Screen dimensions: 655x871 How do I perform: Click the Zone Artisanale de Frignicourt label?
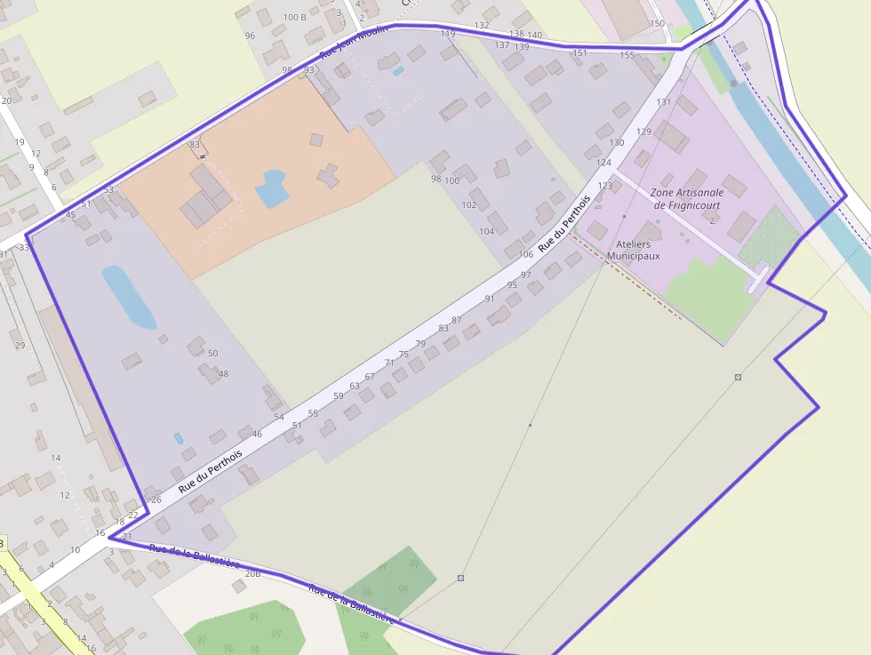click(x=686, y=198)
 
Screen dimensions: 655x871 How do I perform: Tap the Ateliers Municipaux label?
click(x=633, y=250)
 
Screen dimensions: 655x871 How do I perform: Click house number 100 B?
click(x=295, y=17)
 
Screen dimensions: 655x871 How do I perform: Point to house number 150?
click(x=657, y=24)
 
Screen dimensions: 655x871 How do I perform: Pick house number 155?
click(x=627, y=55)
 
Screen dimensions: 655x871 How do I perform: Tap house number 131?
click(x=663, y=102)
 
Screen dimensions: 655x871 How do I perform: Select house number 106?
click(x=526, y=254)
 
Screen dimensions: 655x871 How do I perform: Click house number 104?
click(x=486, y=231)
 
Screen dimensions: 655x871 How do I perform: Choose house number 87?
click(x=457, y=320)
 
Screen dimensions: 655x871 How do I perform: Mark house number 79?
click(x=420, y=344)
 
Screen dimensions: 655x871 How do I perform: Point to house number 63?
click(x=355, y=386)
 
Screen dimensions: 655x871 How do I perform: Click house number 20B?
click(x=252, y=574)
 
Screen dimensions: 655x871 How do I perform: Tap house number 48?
click(x=223, y=373)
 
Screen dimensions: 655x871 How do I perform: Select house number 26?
click(x=156, y=499)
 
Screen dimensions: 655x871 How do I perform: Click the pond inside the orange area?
click(x=270, y=188)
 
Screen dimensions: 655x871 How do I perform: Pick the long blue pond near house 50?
click(x=129, y=296)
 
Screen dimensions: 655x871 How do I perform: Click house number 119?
click(x=448, y=34)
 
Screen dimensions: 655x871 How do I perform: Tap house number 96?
click(x=250, y=36)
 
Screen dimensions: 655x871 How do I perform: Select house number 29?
click(x=20, y=345)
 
